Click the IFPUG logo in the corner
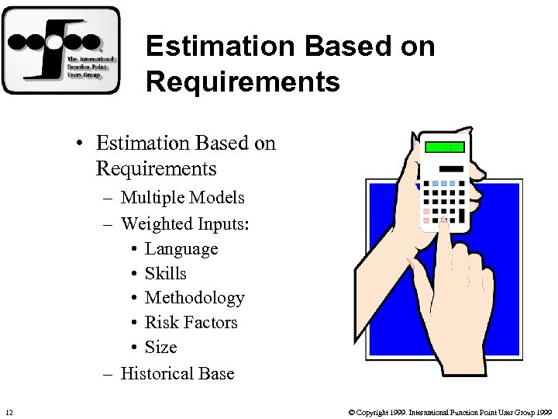60,50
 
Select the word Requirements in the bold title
243,81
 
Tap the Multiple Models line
182,198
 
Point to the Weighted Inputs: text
185,223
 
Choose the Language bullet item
181,249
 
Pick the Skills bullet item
166,273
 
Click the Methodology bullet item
195,298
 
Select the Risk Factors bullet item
191,322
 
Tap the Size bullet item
161,347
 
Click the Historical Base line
177,373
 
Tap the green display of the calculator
444,147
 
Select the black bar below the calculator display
444,168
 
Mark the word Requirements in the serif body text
156,168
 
